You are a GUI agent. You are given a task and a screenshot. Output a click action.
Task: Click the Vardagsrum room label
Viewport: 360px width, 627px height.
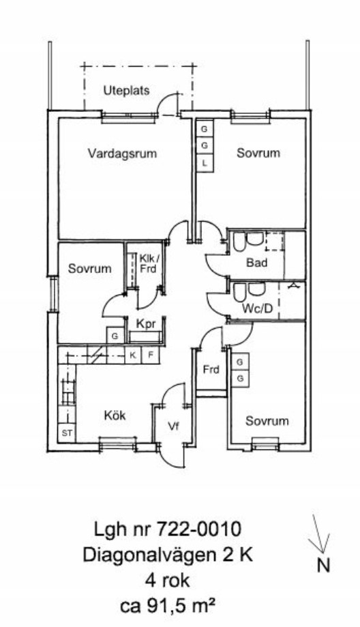coord(122,153)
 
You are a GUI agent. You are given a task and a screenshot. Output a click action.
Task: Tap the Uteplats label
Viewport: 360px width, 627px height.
coord(126,90)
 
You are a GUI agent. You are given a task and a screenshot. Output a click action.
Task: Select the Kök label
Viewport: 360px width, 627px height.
coord(115,415)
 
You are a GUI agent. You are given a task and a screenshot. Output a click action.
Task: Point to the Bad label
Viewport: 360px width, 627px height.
coord(257,263)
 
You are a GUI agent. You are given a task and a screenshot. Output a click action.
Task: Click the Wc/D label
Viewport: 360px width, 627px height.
coord(257,308)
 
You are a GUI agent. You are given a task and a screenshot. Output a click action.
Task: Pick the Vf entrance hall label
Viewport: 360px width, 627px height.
coord(172,426)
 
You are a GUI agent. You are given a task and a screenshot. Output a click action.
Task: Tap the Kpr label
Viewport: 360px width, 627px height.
coord(145,324)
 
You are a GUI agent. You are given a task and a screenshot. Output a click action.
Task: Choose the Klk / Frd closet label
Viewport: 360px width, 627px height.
coord(148,263)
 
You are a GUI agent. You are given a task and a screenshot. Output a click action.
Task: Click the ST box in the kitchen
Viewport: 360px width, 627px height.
coord(67,433)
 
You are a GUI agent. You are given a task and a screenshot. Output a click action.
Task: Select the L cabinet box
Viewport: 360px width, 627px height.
coord(205,163)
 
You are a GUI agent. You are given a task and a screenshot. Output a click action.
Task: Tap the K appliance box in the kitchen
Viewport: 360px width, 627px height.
coord(133,355)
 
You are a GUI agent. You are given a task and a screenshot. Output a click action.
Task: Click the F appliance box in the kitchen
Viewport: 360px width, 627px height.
coord(150,355)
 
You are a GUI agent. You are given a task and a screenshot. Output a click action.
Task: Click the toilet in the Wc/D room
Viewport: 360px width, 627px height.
coord(239,292)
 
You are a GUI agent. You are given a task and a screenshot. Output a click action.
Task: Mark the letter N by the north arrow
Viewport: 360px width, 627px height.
coord(324,566)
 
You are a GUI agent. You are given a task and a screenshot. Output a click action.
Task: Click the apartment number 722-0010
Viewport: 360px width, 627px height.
coord(198,529)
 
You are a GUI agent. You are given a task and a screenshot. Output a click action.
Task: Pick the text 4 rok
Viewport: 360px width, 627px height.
coord(168,580)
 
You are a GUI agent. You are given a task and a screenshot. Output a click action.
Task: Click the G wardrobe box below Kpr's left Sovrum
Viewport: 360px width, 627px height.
coord(115,336)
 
